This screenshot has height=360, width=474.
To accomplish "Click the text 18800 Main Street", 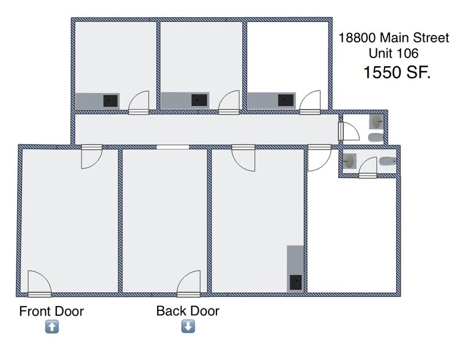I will (394, 38).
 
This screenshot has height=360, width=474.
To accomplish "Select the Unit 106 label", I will (394, 53).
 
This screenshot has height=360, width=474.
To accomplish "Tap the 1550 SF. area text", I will (397, 73).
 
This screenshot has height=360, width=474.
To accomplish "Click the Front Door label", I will (51, 311).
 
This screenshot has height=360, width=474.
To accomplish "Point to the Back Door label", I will (188, 311).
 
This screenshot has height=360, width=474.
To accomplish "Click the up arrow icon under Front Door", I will (52, 327).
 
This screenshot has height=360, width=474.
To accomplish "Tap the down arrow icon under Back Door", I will (188, 327).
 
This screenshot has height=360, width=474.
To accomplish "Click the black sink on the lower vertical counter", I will (297, 282).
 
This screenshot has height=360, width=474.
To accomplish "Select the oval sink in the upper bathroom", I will (377, 122).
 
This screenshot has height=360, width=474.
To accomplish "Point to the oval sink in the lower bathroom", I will (349, 162).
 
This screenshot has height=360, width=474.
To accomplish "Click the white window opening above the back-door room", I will (173, 147).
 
